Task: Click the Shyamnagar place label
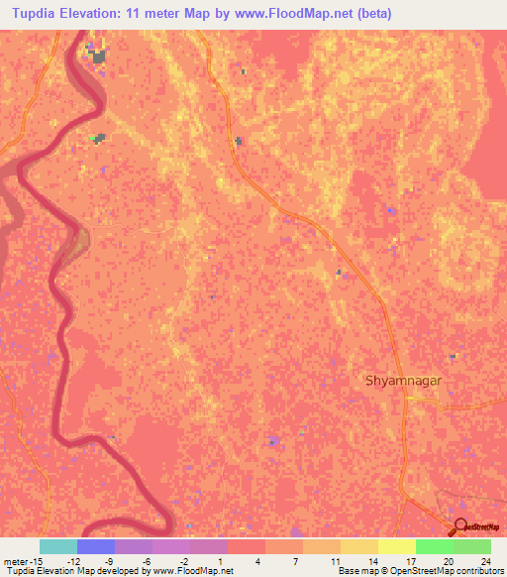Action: (403, 380)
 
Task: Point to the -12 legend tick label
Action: (74, 560)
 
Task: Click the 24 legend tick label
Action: (485, 560)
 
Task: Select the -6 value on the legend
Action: (146, 560)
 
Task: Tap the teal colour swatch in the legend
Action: (58, 546)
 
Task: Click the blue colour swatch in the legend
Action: (96, 546)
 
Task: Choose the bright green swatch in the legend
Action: (435, 546)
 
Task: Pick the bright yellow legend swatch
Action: (397, 546)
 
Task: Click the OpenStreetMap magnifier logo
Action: (462, 528)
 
